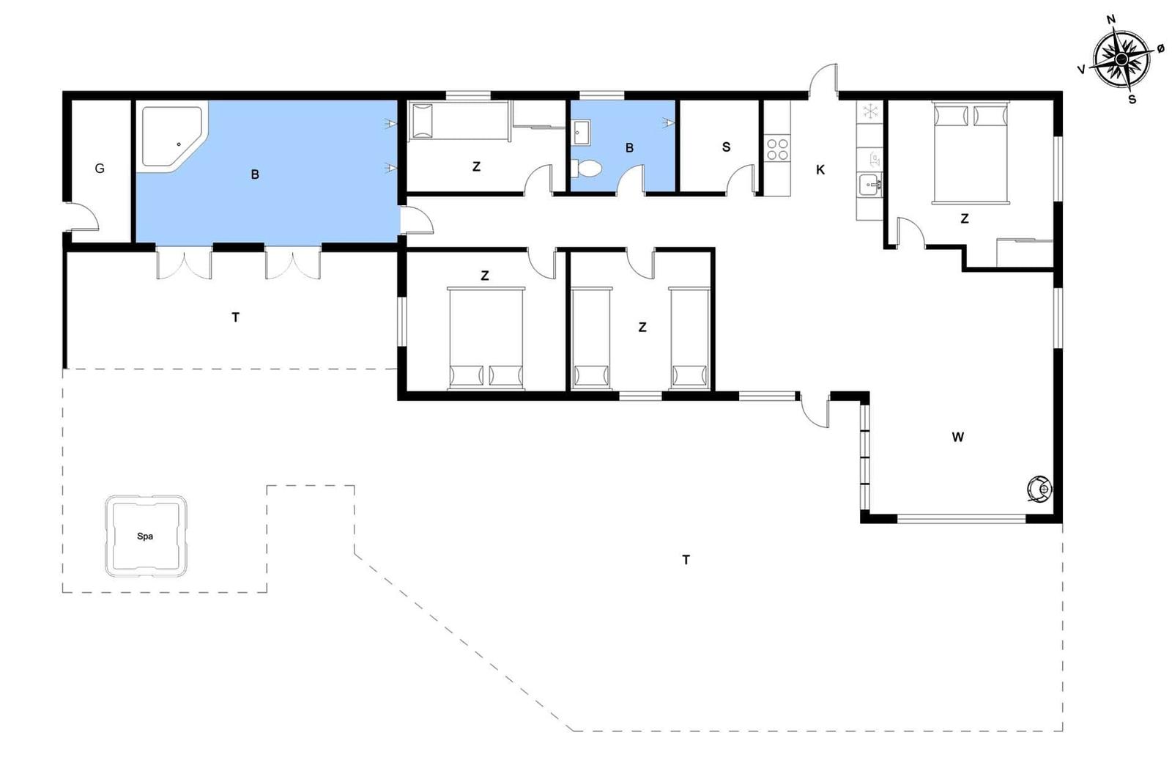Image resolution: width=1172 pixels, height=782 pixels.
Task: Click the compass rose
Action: [1121, 59]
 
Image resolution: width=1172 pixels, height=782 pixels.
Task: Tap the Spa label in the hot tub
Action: [145, 536]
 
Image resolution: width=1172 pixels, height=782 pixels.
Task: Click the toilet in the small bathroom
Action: [587, 169]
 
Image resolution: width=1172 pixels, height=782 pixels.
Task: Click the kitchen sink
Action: [870, 184]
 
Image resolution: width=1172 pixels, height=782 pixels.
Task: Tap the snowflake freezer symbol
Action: [869, 111]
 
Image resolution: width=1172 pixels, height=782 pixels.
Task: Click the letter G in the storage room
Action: [100, 169]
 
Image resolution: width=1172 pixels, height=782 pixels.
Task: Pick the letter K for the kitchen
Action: [820, 169]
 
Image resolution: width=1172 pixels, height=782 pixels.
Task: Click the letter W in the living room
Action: [957, 437]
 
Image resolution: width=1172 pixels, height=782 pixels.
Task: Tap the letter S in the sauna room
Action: [726, 147]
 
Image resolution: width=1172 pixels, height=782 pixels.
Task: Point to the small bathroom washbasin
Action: [582, 133]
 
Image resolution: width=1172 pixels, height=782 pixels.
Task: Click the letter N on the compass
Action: [1110, 19]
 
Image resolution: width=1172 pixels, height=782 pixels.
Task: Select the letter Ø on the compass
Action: [1160, 48]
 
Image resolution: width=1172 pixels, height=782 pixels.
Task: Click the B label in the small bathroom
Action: [629, 148]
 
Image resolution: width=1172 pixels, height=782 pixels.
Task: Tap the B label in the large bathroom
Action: [255, 174]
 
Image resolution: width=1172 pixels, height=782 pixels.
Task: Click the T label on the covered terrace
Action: [235, 317]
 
